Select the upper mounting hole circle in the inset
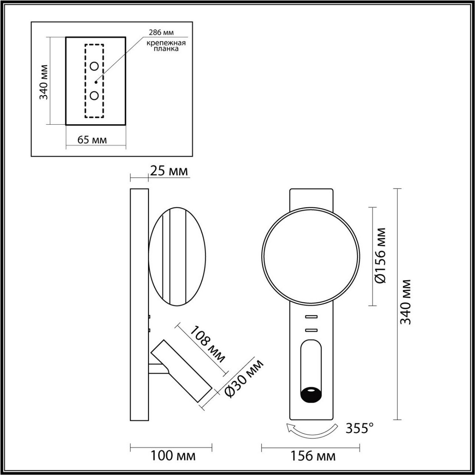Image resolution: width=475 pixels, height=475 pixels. click(94, 66)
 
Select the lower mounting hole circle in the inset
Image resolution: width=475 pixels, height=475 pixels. click(94, 95)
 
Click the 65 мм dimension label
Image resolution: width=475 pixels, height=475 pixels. click(92, 140)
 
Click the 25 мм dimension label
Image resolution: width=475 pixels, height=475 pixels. click(168, 171)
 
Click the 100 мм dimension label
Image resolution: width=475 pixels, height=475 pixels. click(173, 456)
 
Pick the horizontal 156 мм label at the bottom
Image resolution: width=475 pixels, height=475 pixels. click(313, 456)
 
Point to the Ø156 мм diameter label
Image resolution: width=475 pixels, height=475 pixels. click(380, 255)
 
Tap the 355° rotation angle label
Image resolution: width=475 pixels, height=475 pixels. click(360, 428)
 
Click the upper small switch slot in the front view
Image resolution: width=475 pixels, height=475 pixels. click(311, 317)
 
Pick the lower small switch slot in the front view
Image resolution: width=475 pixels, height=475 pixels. click(311, 330)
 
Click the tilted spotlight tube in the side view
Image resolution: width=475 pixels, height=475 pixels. click(182, 370)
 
